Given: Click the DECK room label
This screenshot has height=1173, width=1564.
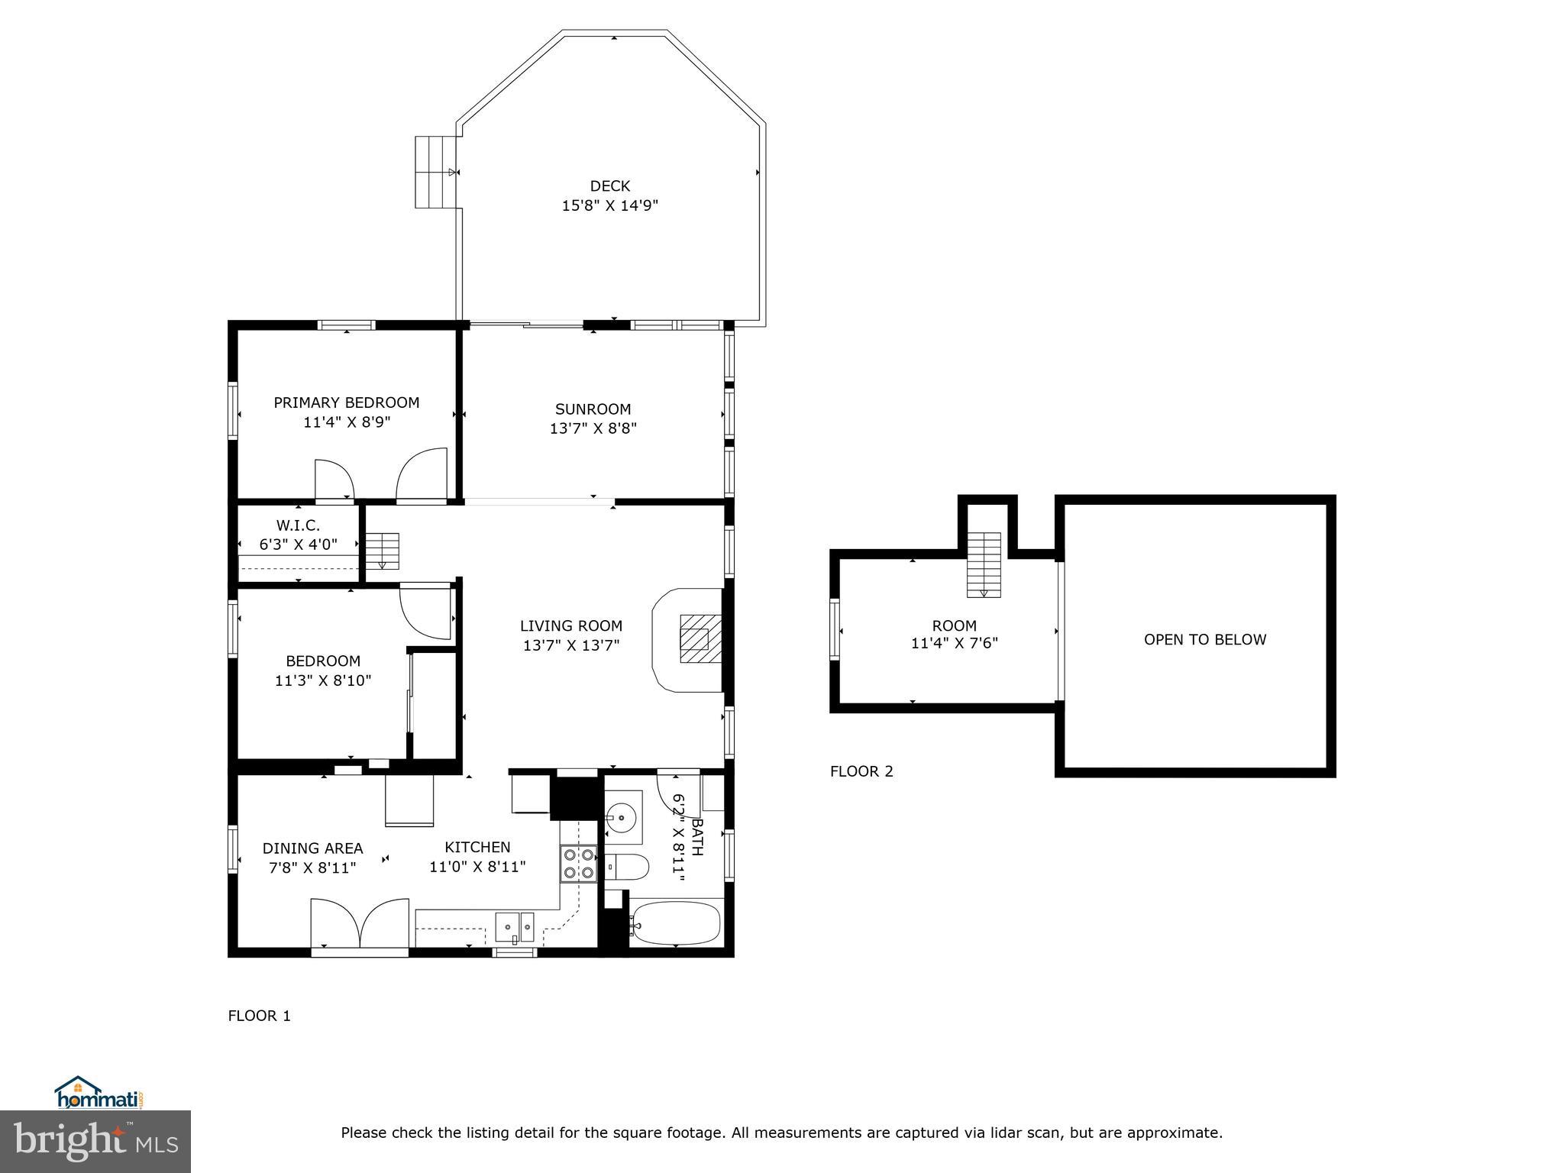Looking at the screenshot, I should pos(609,186).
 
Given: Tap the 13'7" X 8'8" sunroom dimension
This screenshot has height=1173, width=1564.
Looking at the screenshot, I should pos(593,428).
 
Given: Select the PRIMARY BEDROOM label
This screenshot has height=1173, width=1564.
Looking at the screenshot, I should pos(346,402).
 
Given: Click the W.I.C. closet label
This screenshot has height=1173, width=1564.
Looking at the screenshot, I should pos(298,525).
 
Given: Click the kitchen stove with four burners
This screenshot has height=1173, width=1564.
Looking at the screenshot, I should pos(578,864).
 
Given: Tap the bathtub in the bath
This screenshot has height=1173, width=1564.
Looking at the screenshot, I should pos(676,924).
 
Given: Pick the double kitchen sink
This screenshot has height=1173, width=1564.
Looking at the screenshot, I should pos(517,928).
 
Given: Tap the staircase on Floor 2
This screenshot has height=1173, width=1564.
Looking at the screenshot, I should pos(984,564).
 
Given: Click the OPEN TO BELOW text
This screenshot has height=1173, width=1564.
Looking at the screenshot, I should pos(1204,640).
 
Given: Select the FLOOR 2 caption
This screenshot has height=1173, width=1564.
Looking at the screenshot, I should pos(861,771).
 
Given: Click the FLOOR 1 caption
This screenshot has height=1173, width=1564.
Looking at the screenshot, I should pos(259,1016).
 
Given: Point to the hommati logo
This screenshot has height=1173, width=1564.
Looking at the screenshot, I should pos(99,1094).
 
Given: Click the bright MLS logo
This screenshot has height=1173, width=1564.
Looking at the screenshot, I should pos(95,1141).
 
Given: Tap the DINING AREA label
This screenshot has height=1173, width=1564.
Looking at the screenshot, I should pos(312,848).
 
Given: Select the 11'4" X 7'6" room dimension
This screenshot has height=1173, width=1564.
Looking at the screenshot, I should pos(954,643).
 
